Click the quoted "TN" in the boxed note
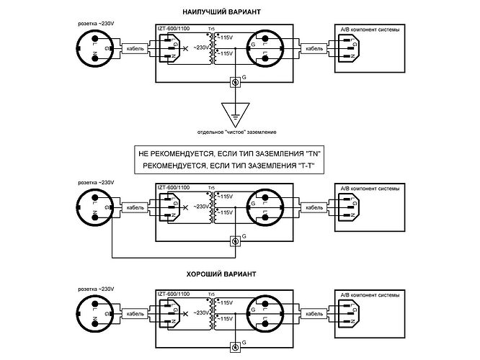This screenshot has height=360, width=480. (x=312, y=154)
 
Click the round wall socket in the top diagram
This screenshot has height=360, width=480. (x=96, y=49)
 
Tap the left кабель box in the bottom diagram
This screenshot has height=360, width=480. (x=135, y=314)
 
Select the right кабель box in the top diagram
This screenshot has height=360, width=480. (x=314, y=49)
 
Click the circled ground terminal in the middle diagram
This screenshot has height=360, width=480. (x=234, y=241)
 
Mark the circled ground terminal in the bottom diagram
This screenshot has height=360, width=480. (x=234, y=348)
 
